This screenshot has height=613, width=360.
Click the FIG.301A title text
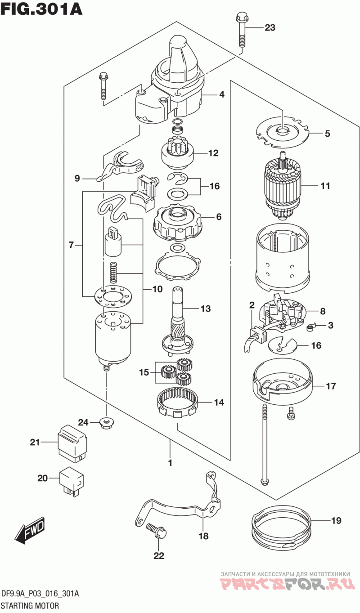coord(41,9)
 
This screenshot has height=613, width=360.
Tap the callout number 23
coord(269,28)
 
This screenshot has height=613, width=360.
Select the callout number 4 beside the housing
coord(222,94)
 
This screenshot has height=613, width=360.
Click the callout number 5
coord(327,133)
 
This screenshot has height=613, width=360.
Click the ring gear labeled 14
coord(179,402)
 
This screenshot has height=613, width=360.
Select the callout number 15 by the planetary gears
coord(144,372)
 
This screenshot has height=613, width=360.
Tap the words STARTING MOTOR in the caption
coord(30,605)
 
